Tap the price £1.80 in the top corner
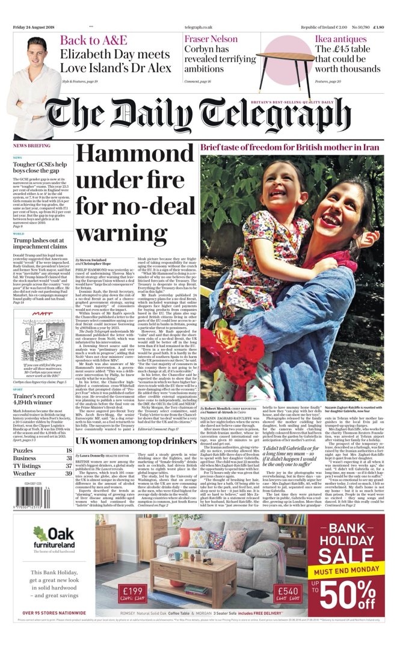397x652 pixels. pos(378,28)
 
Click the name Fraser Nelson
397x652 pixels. pos(211,40)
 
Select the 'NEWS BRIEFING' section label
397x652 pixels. pos(32,146)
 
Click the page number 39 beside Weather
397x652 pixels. pos(68,457)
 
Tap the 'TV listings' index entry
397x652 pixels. pos(27,449)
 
